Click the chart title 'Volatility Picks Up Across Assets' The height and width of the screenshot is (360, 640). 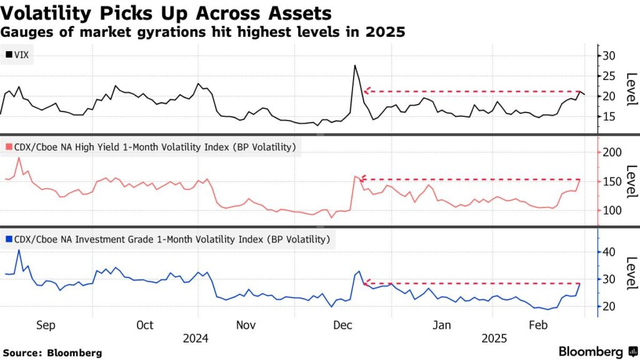(x=166, y=12)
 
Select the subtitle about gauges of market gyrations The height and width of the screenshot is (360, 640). (x=203, y=32)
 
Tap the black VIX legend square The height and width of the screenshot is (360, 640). (x=8, y=55)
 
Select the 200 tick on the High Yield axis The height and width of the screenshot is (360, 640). (x=612, y=152)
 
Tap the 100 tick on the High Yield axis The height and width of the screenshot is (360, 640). (x=612, y=210)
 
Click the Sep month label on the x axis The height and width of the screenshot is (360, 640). (x=46, y=325)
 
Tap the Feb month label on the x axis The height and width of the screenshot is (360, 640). (x=539, y=325)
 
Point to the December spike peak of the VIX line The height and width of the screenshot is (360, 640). (x=355, y=65)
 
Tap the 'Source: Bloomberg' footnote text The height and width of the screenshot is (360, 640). (x=52, y=352)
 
